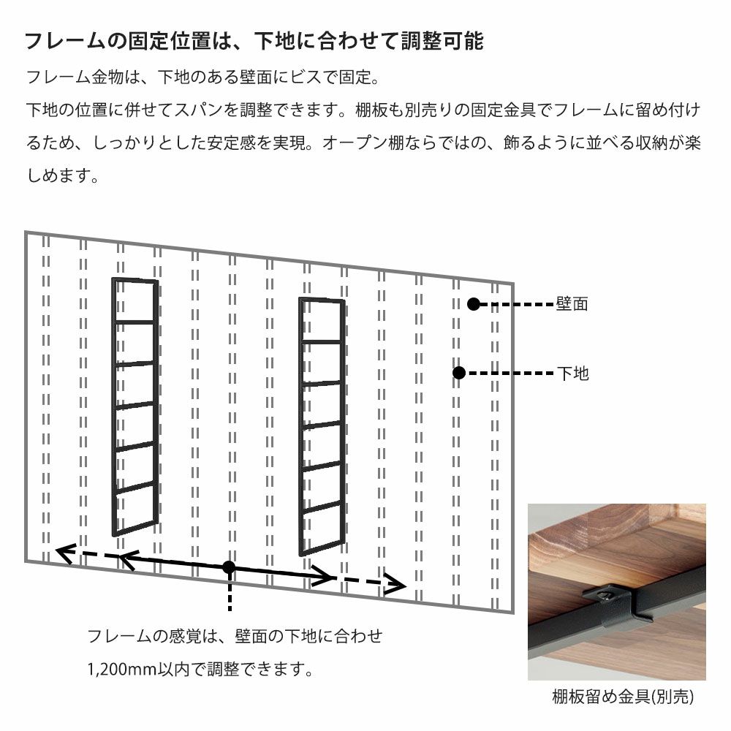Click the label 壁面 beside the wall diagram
(x=572, y=304)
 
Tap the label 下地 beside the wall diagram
(x=573, y=373)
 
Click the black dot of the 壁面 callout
(x=473, y=304)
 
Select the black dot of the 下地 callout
(x=459, y=373)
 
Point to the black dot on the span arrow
(x=228, y=567)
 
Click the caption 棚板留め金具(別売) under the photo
(x=623, y=697)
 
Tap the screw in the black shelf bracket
(x=605, y=594)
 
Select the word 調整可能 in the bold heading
(x=442, y=41)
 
